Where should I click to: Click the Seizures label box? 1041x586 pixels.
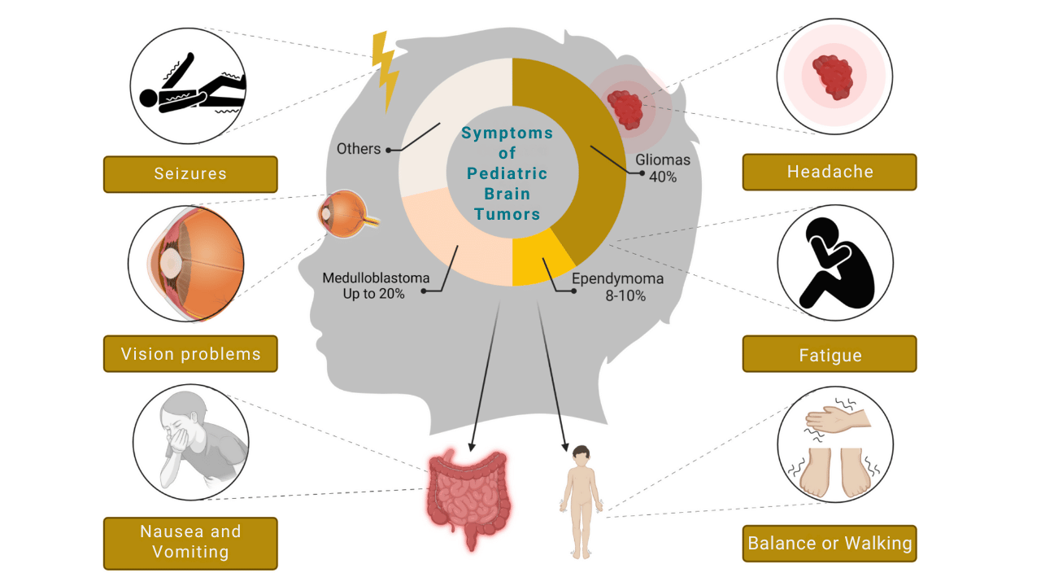(x=190, y=174)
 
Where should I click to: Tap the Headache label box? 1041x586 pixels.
(x=830, y=172)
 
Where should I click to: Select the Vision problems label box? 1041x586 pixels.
(x=190, y=354)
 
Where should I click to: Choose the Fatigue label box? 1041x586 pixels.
(x=830, y=355)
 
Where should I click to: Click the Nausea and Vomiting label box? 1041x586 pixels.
(x=190, y=542)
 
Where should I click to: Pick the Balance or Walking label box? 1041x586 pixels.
(x=830, y=544)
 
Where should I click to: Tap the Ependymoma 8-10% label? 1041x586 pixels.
(x=617, y=287)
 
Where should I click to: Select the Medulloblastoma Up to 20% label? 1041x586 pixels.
(x=375, y=286)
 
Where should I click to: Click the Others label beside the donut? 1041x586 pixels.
(x=359, y=149)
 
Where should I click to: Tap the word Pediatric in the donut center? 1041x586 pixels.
(x=507, y=174)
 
